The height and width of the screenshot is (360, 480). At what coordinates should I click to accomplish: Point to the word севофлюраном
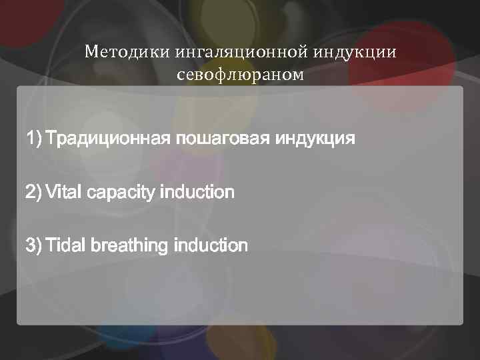point(240,74)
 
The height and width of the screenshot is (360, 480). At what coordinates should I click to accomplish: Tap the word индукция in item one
point(315,139)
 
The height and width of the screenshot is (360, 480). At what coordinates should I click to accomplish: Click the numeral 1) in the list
point(33,139)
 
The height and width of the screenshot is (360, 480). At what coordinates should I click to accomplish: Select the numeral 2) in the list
point(33,193)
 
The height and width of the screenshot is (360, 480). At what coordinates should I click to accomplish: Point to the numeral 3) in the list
point(33,245)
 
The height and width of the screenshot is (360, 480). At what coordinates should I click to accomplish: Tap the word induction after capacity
point(196,193)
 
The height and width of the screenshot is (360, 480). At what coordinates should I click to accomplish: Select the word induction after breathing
point(210,245)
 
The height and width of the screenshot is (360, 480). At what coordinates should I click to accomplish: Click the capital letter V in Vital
point(51,193)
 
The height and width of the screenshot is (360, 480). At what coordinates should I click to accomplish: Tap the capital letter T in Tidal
point(51,245)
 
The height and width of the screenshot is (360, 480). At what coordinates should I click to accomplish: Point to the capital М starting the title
point(91,52)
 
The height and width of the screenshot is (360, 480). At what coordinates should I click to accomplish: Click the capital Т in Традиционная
point(51,139)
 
